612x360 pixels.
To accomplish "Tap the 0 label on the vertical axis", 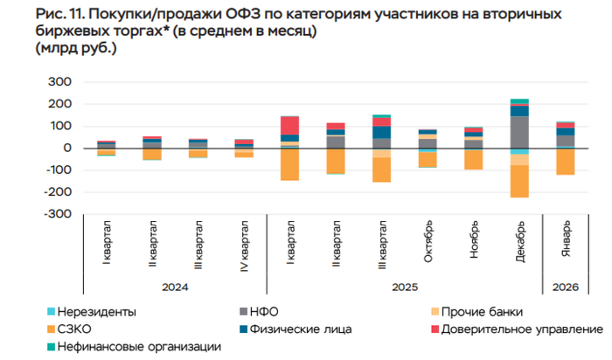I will (66, 148).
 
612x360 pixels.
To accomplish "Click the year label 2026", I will (566, 287).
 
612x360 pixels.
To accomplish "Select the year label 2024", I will (175, 287).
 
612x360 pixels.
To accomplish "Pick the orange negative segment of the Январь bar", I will (566, 163).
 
